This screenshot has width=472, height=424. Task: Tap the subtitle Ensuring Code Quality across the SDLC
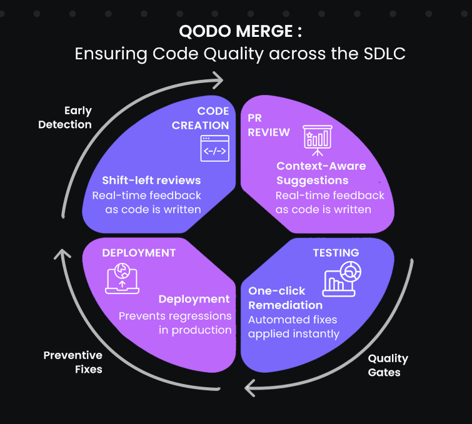[240, 54]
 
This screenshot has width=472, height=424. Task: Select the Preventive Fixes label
[73, 362]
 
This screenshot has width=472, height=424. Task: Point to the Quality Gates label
[388, 365]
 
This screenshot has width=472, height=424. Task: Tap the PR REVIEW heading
[268, 125]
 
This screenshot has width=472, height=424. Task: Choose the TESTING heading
[336, 253]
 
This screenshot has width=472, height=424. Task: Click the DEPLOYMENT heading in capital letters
[139, 253]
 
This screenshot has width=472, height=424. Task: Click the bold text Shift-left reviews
[152, 180]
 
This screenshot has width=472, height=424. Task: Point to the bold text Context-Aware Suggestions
[321, 173]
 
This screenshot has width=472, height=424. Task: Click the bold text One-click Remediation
[285, 298]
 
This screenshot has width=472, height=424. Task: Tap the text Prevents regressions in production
[176, 323]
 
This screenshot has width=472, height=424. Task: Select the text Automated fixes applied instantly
[293, 327]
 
